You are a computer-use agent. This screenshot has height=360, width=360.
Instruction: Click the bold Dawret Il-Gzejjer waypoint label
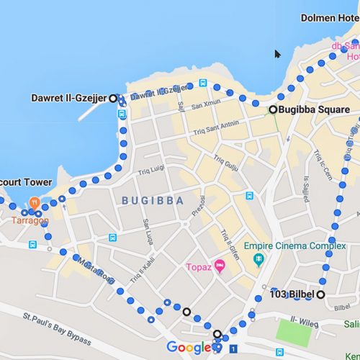(69, 98)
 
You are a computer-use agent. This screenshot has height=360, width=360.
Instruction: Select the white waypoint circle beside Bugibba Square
(273, 109)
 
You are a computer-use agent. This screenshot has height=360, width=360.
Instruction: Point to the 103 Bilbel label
(292, 294)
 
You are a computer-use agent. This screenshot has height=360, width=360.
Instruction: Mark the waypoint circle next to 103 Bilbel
(320, 294)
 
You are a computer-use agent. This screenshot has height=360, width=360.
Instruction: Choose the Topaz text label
(198, 268)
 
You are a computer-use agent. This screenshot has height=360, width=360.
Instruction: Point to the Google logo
(189, 348)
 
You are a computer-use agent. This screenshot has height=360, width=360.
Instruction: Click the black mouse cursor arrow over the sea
(278, 54)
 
